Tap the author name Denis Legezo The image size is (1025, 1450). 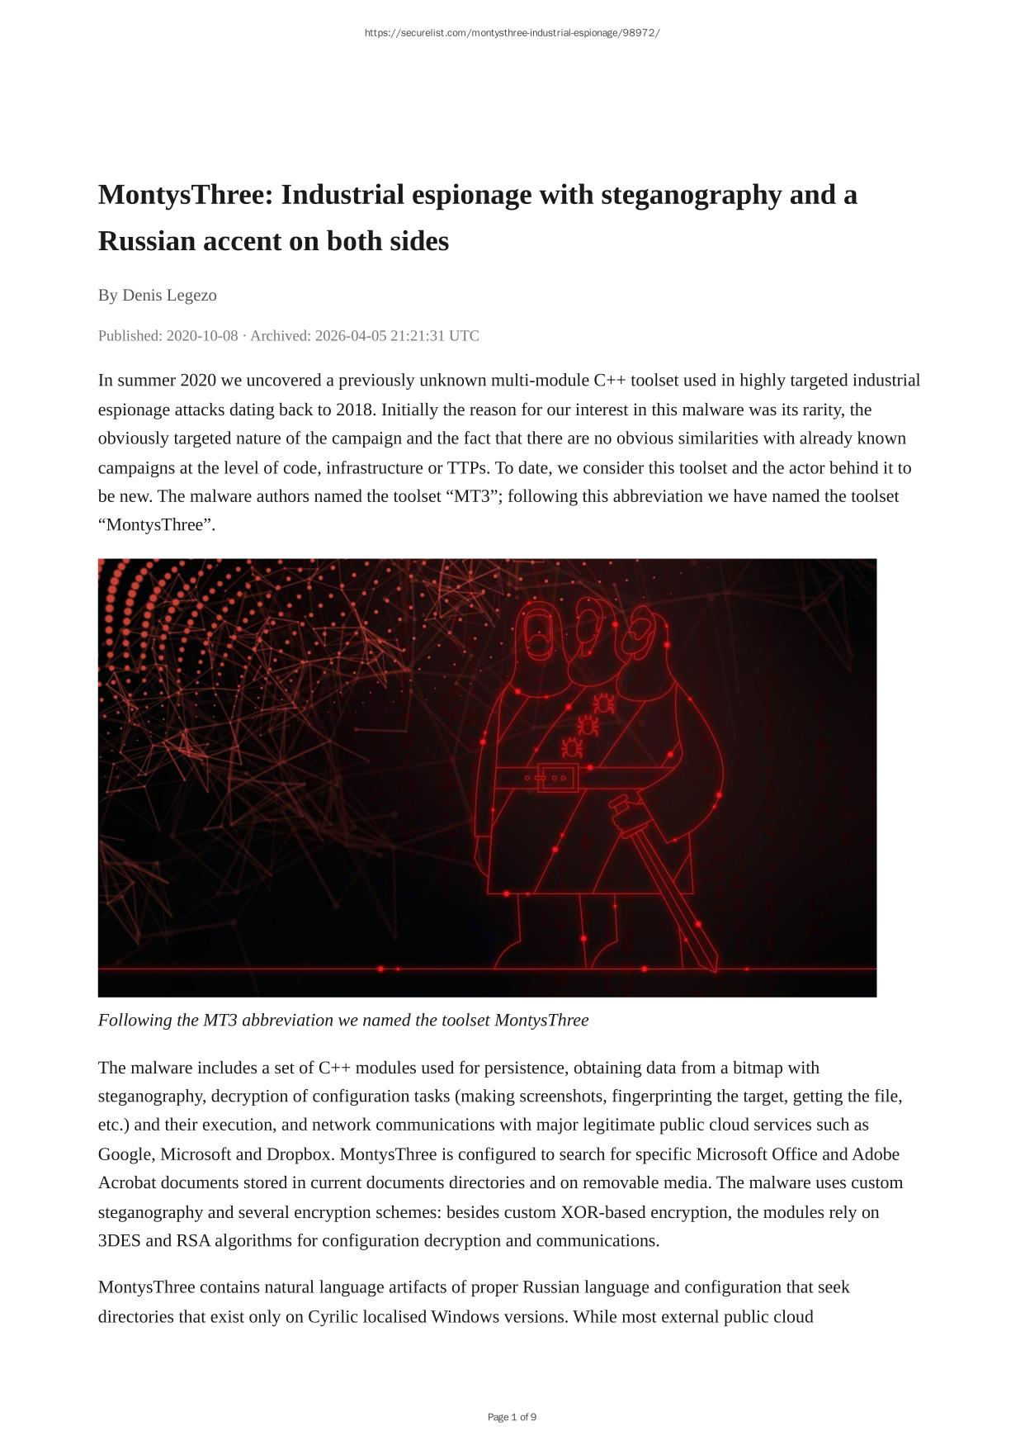coord(169,295)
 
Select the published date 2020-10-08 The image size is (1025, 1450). coord(202,336)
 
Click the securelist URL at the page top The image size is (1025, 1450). coord(512,33)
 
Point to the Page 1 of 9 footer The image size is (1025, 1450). coord(512,1417)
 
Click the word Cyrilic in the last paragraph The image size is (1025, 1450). coord(336,1316)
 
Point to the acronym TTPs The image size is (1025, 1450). coord(467,467)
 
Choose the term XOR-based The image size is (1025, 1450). coord(603,1212)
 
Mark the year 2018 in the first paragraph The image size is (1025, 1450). coord(354,410)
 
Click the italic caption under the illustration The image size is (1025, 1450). coord(343,1020)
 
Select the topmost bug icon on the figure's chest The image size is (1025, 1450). coord(603,703)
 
